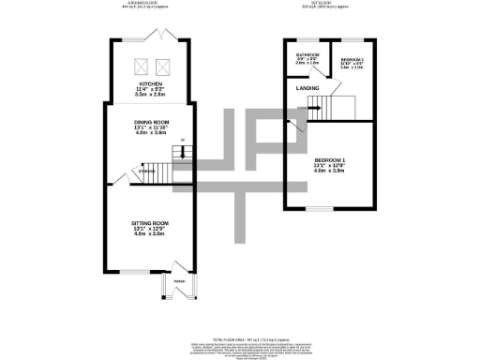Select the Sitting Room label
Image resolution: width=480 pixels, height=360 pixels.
coord(151,223)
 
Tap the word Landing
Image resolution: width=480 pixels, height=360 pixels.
coord(307,89)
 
